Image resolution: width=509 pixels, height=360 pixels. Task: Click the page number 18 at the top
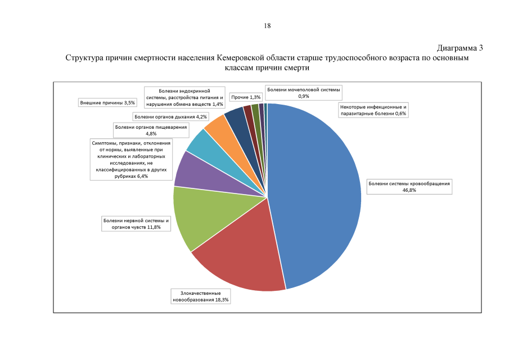pyautogui.click(x=268, y=26)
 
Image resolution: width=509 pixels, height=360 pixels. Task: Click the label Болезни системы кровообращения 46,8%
pyautogui.click(x=409, y=187)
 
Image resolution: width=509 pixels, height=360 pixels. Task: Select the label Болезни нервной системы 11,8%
pyautogui.click(x=136, y=224)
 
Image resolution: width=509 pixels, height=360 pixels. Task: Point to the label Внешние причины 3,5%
pyautogui.click(x=107, y=103)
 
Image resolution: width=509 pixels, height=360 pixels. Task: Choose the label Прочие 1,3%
pyautogui.click(x=246, y=97)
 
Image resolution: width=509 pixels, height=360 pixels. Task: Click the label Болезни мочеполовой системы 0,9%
pyautogui.click(x=303, y=93)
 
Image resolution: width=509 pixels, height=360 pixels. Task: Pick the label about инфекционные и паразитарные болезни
pyautogui.click(x=373, y=110)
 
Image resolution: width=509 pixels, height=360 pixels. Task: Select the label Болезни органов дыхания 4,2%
pyautogui.click(x=171, y=117)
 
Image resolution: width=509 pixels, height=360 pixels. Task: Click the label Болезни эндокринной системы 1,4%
pyautogui.click(x=185, y=97)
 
